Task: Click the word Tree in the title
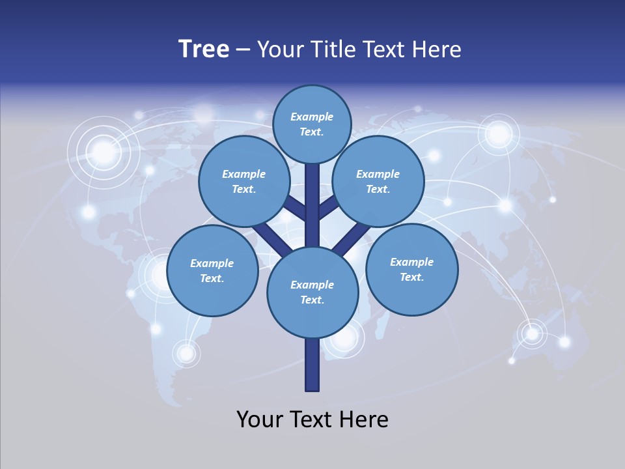pos(204,49)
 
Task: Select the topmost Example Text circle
pos(312,124)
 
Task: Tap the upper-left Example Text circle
pos(244,181)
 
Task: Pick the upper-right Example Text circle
pos(378,181)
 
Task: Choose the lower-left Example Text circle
pos(212,270)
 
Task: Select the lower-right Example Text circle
pos(411,269)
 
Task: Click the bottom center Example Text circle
pos(312,292)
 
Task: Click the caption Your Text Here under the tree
pos(312,419)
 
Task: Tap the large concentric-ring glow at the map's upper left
pos(103,152)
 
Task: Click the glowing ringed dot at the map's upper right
pos(499,134)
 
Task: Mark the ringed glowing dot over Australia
pos(533,334)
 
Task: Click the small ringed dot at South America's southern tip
pos(186,353)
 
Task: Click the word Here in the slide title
pos(435,49)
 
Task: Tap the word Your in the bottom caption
pos(260,419)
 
